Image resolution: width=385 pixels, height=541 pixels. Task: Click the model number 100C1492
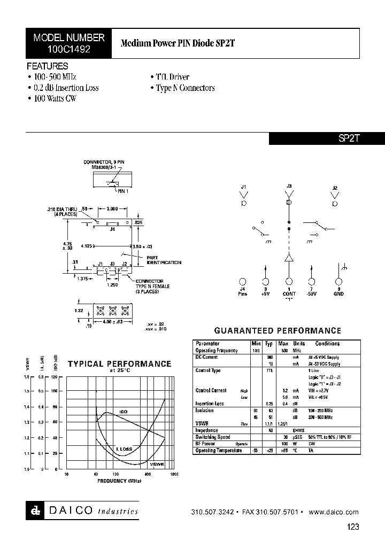click(x=68, y=48)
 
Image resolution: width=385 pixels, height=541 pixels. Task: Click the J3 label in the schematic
click(x=289, y=186)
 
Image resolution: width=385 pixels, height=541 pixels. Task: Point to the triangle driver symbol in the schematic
click(x=289, y=258)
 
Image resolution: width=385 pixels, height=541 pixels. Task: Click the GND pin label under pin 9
click(x=338, y=293)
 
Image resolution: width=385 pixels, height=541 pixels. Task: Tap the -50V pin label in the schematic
click(x=312, y=293)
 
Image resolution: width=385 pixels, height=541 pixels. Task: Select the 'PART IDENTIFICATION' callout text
click(x=164, y=260)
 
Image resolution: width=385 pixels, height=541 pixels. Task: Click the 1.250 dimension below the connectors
click(x=112, y=285)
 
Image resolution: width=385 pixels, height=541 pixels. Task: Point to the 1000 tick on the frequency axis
click(x=174, y=474)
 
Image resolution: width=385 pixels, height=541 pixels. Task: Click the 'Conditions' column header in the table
click(x=327, y=344)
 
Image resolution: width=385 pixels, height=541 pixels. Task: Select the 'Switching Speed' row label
click(x=213, y=437)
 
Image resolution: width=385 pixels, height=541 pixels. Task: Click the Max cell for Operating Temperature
click(x=283, y=451)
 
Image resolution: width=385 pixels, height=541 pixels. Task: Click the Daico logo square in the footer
click(x=33, y=511)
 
